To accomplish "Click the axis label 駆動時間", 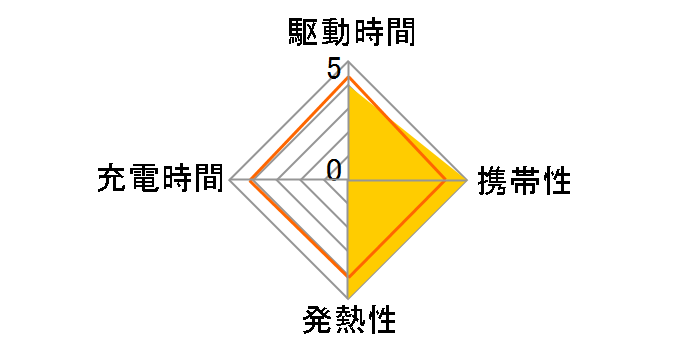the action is [x=348, y=34].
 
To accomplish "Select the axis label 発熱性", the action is [x=348, y=322].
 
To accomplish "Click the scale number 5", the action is [x=333, y=71].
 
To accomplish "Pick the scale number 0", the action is [x=334, y=168].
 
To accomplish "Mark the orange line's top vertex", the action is [x=348, y=77].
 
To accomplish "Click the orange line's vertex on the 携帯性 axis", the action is [x=446, y=181].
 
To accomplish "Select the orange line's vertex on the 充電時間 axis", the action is [x=251, y=181].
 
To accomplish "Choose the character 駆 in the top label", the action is [x=299, y=34].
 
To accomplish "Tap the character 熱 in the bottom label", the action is [x=348, y=322].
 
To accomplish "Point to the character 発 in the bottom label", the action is [x=316, y=322].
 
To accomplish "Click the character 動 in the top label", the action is [x=332, y=34].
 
